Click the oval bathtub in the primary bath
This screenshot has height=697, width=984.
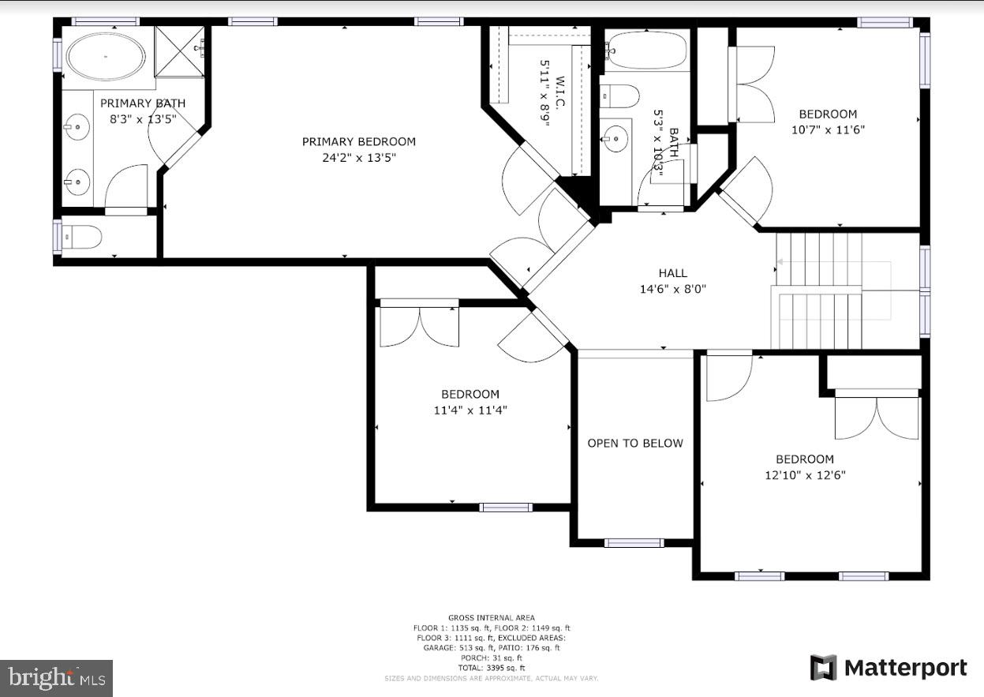point(106,56)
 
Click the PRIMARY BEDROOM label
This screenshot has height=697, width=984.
point(358,142)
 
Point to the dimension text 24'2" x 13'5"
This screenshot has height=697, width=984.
point(358,158)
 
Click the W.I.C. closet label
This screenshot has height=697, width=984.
point(560,93)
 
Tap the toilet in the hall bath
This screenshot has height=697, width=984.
point(620,96)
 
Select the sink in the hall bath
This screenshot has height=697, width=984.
point(615,141)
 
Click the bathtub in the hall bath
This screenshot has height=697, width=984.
point(647,51)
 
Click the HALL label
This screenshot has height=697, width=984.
point(672,273)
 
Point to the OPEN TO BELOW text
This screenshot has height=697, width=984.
point(634,444)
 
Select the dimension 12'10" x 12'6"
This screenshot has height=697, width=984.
point(804,475)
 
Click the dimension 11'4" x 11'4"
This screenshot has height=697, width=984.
point(470,410)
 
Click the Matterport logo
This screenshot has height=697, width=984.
point(889,668)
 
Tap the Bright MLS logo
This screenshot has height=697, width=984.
point(56,678)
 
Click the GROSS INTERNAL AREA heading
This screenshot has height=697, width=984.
point(491,617)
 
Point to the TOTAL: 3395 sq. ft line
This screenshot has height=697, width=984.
point(491,667)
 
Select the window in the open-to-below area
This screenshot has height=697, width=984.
point(634,543)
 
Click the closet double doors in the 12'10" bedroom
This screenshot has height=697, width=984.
point(877,417)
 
